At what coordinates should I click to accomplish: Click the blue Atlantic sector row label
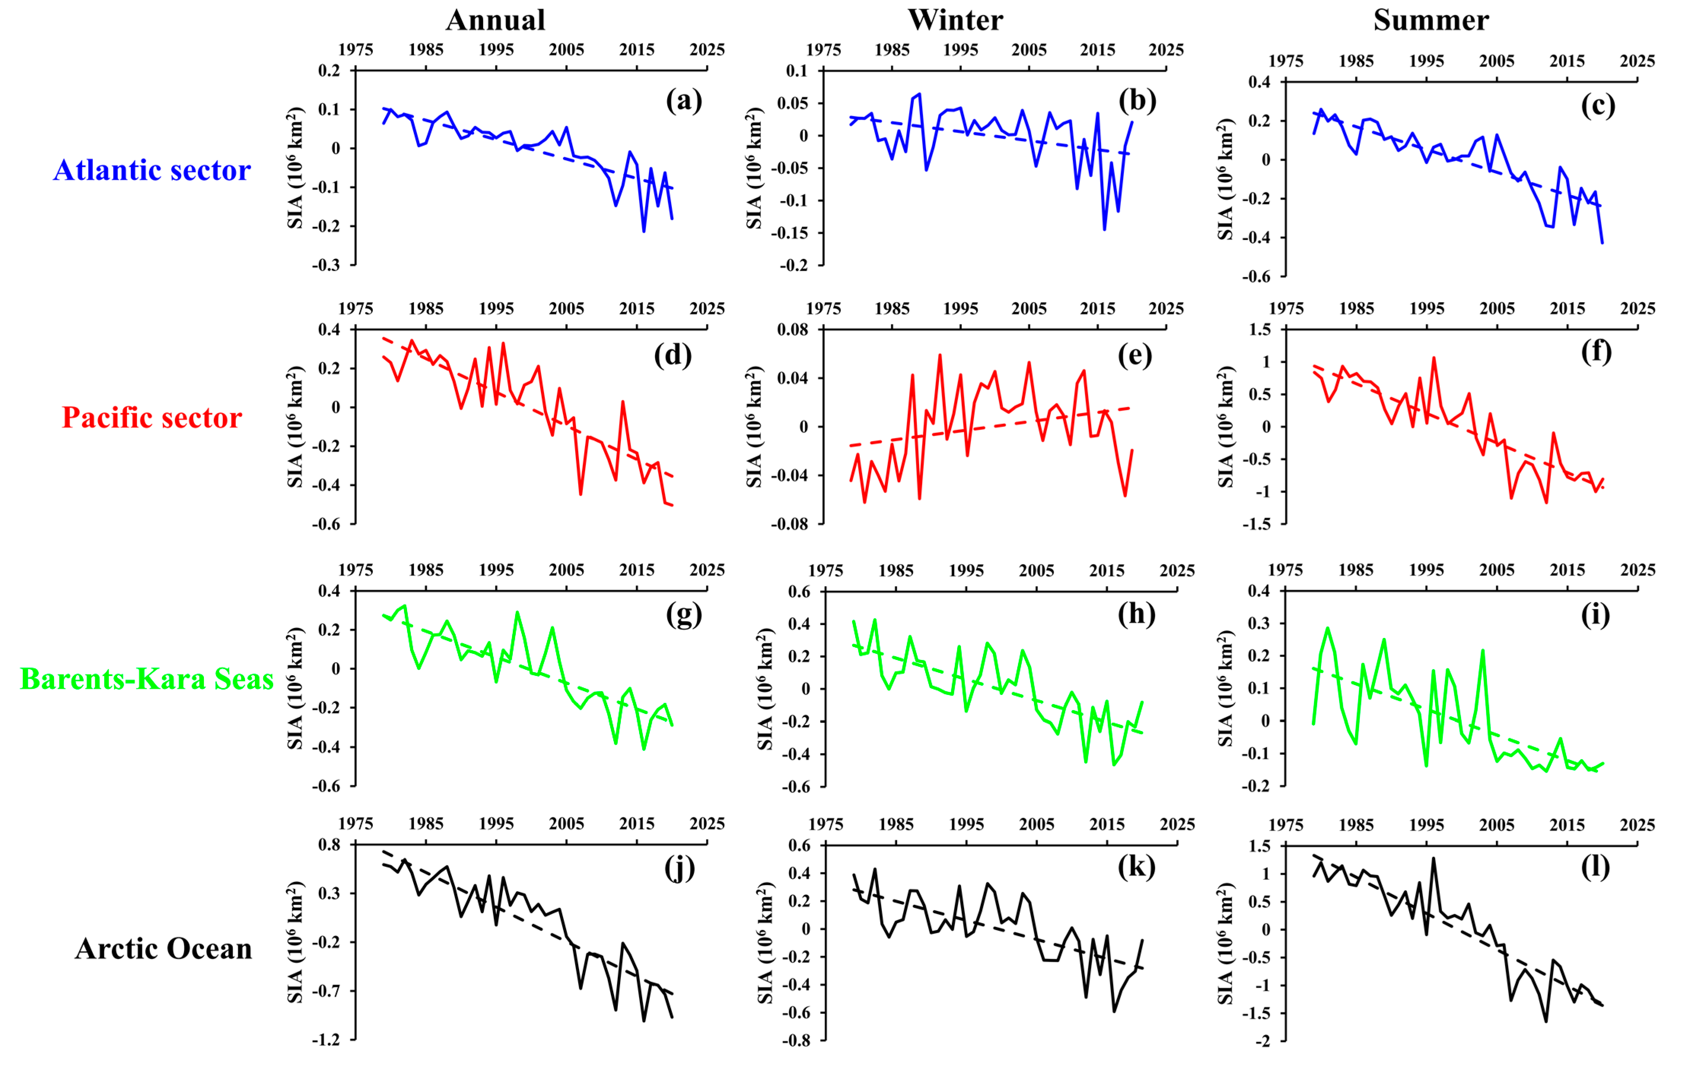pos(152,170)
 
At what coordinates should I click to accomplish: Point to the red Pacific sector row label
pos(152,418)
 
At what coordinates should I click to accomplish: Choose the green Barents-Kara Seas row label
pos(146,679)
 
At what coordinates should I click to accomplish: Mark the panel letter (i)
pos(1595,615)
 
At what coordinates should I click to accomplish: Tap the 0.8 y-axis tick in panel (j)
pos(329,845)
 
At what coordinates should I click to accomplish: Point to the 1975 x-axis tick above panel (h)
pos(826,571)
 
